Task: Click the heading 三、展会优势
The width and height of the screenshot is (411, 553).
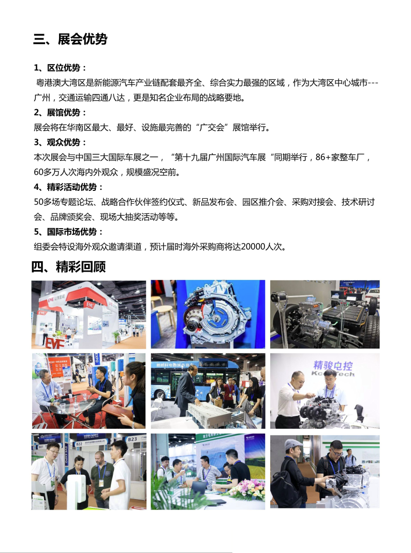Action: coord(70,39)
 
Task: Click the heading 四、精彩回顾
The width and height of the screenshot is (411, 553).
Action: coord(68,266)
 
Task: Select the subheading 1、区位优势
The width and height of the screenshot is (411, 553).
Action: coord(61,67)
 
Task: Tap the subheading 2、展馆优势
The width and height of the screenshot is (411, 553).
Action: coord(61,112)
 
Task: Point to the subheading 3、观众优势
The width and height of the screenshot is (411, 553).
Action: coord(61,142)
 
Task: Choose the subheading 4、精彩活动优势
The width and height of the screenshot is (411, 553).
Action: coord(69,187)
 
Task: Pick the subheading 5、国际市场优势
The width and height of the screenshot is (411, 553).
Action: coord(69,232)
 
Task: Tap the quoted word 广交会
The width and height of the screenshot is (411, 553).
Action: coord(212,127)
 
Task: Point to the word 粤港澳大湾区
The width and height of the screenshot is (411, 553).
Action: coord(61,83)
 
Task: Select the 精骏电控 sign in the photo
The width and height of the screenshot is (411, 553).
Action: coord(333,365)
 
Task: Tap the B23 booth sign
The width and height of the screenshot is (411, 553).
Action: coord(133,439)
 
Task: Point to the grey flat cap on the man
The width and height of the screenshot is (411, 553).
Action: coord(293,443)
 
